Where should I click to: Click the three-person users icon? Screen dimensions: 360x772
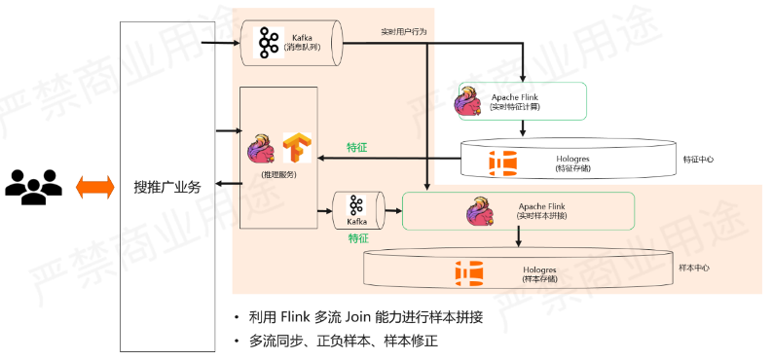33,186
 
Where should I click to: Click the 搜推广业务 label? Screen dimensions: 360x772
166,187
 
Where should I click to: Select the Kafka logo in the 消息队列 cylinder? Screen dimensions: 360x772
269,42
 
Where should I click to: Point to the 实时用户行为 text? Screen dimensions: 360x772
403,32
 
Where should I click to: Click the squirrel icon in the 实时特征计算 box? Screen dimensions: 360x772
474,102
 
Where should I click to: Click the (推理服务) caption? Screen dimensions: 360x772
278,175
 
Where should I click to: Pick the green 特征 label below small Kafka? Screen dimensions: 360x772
357,237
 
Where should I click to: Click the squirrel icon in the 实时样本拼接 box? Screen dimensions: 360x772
481,211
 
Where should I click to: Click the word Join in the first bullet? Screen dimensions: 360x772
359,317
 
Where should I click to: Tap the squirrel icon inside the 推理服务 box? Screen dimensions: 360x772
262,148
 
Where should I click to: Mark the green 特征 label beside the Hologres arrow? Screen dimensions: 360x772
357,148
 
